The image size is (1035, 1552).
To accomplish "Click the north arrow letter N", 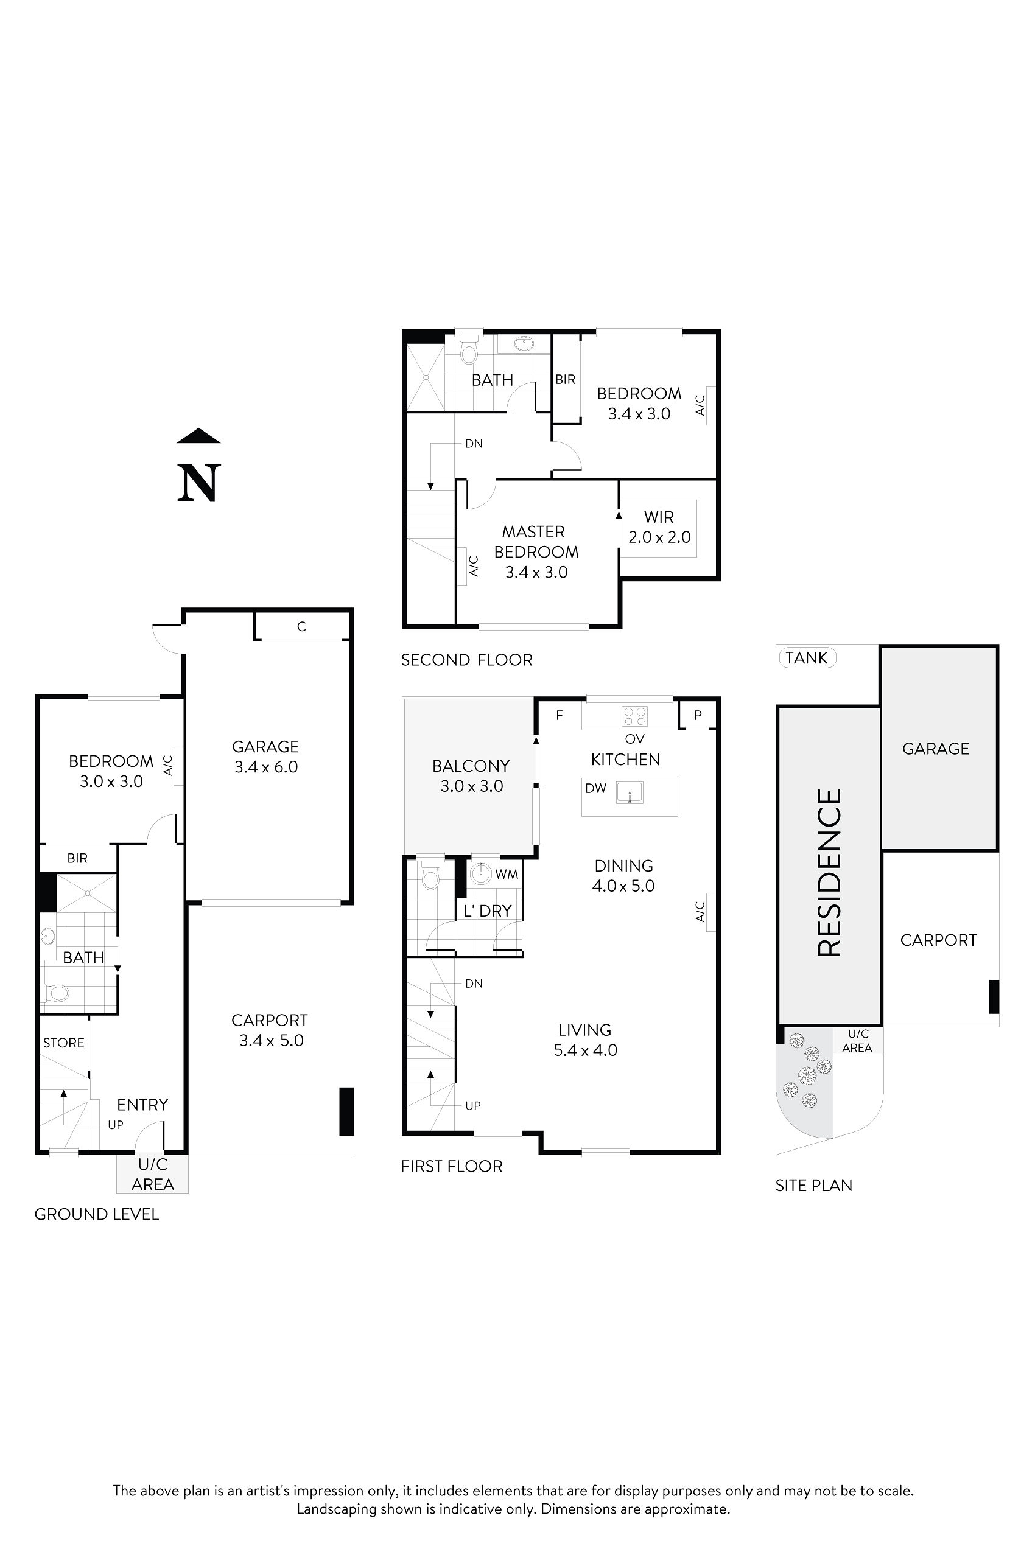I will click(198, 483).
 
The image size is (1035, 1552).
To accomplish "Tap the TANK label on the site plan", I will click(807, 658).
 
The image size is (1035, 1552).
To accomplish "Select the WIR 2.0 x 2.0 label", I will click(659, 527).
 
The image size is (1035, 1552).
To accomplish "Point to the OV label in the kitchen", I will click(634, 739).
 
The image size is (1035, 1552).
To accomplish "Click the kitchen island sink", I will click(629, 792).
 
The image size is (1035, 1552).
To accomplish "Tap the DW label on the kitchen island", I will click(595, 789).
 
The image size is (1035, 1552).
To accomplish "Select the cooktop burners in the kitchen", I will click(635, 716).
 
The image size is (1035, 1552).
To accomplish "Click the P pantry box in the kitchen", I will click(698, 715).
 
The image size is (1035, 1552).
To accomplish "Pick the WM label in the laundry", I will click(507, 875).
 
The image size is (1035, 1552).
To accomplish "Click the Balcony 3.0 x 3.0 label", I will click(471, 775).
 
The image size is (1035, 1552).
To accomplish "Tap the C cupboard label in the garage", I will click(301, 627).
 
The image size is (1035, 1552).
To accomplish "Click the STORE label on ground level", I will click(63, 1043).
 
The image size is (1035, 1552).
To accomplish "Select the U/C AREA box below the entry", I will click(152, 1174).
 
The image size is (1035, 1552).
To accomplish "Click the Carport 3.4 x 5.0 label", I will click(270, 1030).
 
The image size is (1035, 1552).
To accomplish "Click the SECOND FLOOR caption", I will click(467, 660).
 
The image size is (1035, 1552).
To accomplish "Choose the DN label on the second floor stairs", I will click(474, 444).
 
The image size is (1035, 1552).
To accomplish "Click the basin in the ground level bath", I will click(48, 935).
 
